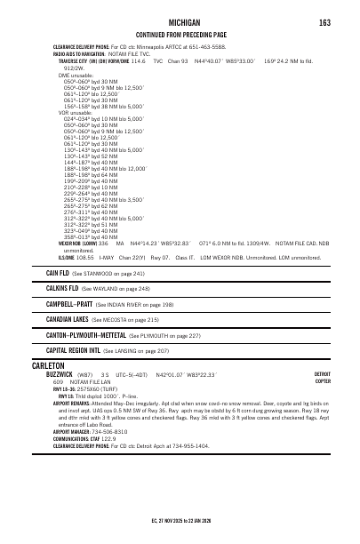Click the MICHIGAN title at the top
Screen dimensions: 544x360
tap(180, 22)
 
